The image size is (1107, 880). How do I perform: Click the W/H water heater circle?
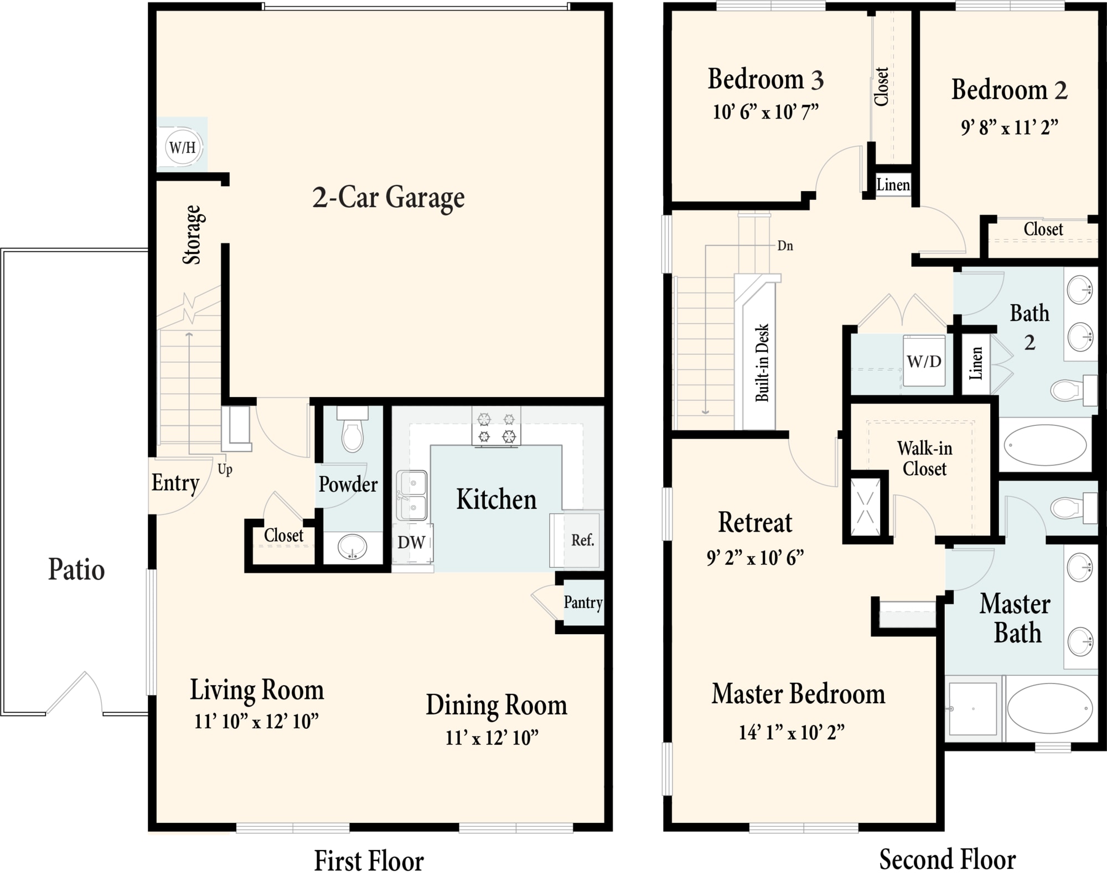pos(183,147)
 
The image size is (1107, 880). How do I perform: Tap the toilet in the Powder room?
pos(353,429)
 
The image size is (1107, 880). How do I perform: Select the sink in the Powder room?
pos(352,547)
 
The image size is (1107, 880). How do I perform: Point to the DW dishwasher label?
pos(411,542)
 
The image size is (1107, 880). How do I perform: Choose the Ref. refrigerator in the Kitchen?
pos(576,540)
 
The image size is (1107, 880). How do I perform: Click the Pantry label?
pos(583,602)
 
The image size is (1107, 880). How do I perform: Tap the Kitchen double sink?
pos(412,496)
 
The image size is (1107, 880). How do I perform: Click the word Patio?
pos(76,569)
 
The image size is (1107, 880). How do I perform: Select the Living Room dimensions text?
pos(256,722)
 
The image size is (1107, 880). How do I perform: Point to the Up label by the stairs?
pos(225,470)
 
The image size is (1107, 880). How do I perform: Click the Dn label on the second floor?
pos(785,245)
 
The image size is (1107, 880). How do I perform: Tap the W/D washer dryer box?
pos(924,361)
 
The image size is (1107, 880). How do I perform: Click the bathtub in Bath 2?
pos(1045,445)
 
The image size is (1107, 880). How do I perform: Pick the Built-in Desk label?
pos(762,363)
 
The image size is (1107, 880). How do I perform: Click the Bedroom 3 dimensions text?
pos(765,112)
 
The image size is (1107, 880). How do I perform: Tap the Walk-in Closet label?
pos(924,458)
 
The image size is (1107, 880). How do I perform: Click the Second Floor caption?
pos(948,860)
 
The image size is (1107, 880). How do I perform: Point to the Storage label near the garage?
pos(193,235)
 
